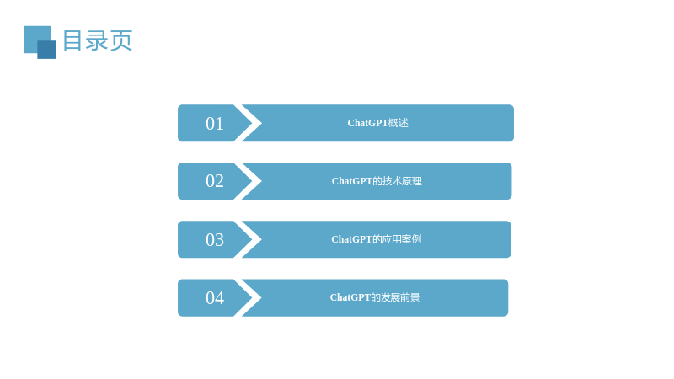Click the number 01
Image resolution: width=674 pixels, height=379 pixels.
tap(215, 124)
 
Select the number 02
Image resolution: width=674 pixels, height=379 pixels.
tap(215, 181)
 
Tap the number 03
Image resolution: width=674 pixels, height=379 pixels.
tap(215, 240)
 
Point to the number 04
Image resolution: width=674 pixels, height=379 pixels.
tap(215, 298)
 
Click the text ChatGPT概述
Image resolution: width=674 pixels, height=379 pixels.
tap(377, 123)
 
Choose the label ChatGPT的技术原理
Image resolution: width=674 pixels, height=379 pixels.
tap(377, 181)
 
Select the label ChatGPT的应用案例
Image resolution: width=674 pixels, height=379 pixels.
tap(376, 239)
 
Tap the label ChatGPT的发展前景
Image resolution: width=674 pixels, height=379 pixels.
tap(375, 297)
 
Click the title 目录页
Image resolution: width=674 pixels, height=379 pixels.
tap(98, 40)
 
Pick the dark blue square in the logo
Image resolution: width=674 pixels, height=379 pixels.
tap(46, 50)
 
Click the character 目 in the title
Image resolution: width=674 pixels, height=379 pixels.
tap(72, 40)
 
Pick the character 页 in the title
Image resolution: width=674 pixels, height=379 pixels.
tap(121, 40)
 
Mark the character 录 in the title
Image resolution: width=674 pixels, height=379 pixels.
tap(97, 40)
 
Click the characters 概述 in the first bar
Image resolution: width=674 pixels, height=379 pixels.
tap(399, 123)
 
